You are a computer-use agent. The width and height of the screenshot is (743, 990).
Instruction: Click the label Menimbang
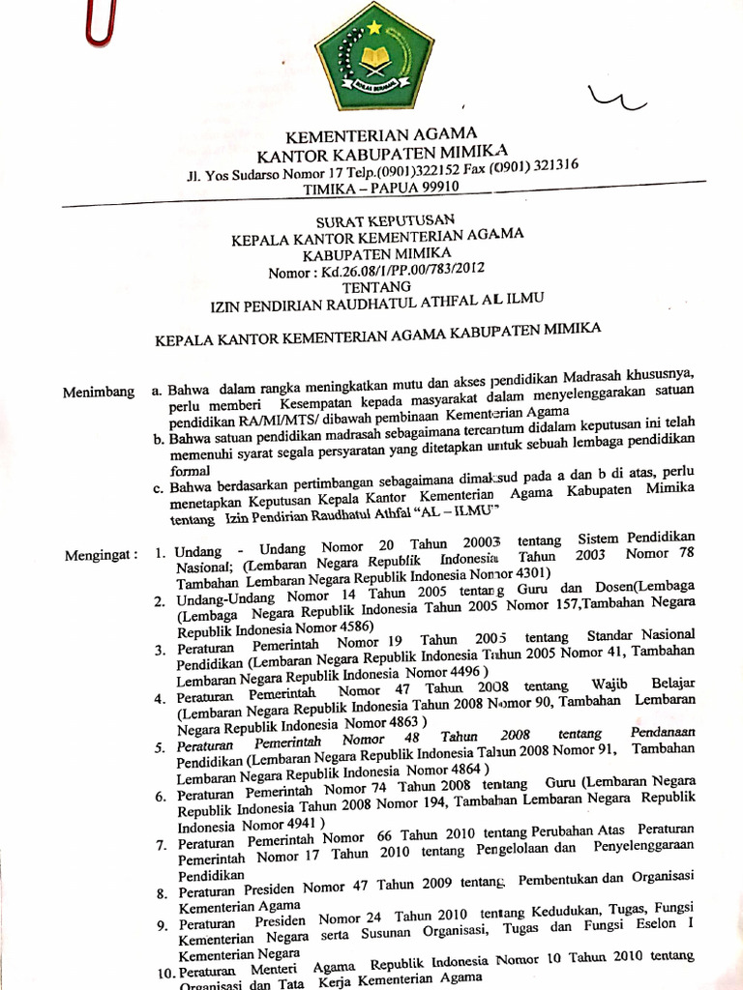(98, 392)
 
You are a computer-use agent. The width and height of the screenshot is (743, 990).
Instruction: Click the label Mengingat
(100, 556)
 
